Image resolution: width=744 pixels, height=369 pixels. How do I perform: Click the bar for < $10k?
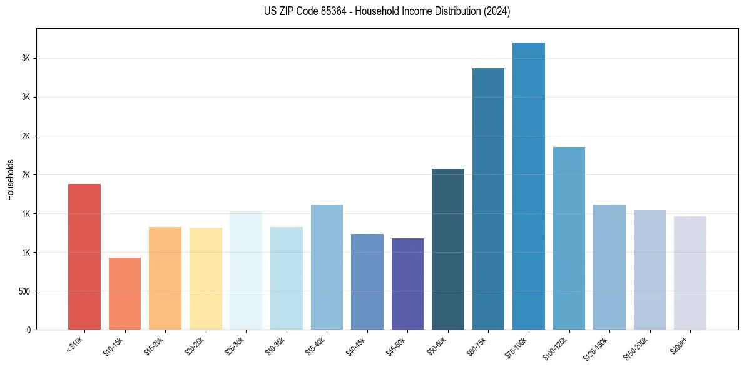point(84,256)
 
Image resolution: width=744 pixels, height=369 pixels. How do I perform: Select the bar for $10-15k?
point(125,293)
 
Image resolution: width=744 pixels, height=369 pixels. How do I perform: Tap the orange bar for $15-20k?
point(165,278)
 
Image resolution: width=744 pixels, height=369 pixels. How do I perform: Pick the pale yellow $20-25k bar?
point(205,278)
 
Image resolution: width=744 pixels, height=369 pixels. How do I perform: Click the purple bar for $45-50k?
point(407,284)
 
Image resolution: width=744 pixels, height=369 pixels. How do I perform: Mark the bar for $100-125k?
point(569,238)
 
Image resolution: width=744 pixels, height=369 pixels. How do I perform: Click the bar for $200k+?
point(690,273)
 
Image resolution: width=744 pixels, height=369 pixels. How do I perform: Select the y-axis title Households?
point(10,179)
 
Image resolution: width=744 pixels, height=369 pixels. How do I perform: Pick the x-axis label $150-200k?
point(637,347)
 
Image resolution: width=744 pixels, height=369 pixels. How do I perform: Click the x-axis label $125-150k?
point(596,347)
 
